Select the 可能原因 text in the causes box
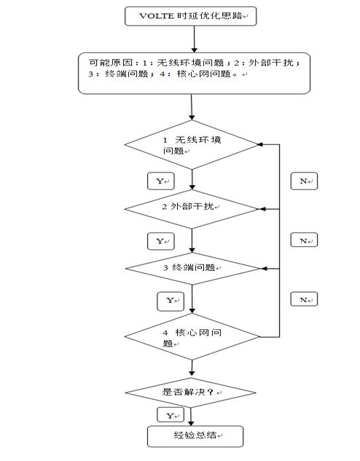pyautogui.click(x=107, y=62)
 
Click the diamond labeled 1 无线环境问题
pyautogui.click(x=191, y=145)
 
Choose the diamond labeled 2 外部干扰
pyautogui.click(x=191, y=208)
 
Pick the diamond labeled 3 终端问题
pyautogui.click(x=191, y=268)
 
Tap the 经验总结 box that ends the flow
pyautogui.click(x=195, y=436)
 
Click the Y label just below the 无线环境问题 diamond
pyautogui.click(x=160, y=180)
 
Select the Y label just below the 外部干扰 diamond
pyautogui.click(x=160, y=240)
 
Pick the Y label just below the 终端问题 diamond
pyautogui.click(x=170, y=300)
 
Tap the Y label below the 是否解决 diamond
pyautogui.click(x=170, y=415)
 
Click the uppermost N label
pyautogui.click(x=303, y=181)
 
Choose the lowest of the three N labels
pyautogui.click(x=303, y=299)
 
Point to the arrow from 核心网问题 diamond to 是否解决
pyautogui.click(x=192, y=367)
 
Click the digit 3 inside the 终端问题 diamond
pyautogui.click(x=165, y=267)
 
